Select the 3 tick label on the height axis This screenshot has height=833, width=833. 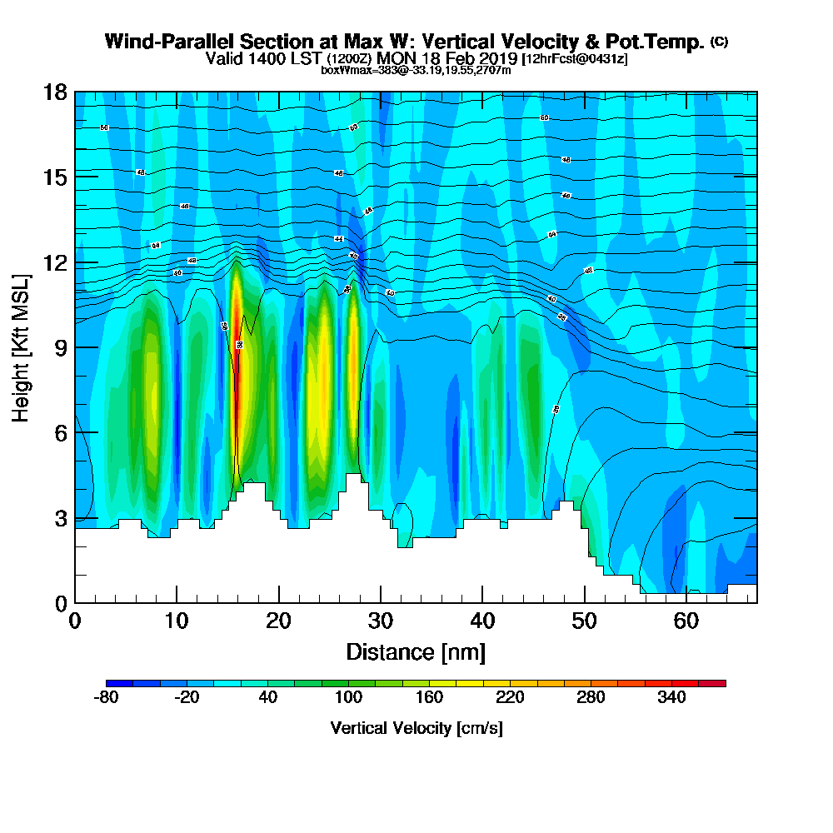pyautogui.click(x=59, y=518)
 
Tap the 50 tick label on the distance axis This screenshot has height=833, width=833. pyautogui.click(x=585, y=621)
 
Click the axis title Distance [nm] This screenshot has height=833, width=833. pyautogui.click(x=416, y=651)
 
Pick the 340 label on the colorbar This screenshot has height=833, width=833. pyautogui.click(x=671, y=697)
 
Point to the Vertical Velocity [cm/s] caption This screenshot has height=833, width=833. pyautogui.click(x=416, y=728)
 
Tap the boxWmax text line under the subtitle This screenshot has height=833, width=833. pyautogui.click(x=416, y=70)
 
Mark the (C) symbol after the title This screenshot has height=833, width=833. pyautogui.click(x=719, y=42)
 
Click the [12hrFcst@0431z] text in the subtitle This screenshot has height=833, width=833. pyautogui.click(x=575, y=59)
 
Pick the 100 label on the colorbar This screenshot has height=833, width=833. pyautogui.click(x=348, y=697)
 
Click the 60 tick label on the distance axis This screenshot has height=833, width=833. pyautogui.click(x=686, y=621)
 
